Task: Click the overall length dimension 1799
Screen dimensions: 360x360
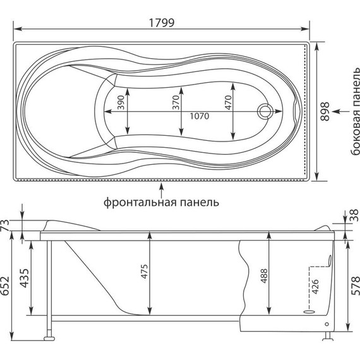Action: coord(162,23)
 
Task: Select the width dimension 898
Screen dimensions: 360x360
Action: coord(325,111)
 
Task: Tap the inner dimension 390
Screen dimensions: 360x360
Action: coord(121,102)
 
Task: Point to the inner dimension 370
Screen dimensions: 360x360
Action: coord(176,102)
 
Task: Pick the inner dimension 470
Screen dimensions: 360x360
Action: coord(228,102)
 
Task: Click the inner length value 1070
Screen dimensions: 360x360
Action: coord(200,116)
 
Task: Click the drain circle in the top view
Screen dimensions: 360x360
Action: coord(265,111)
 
